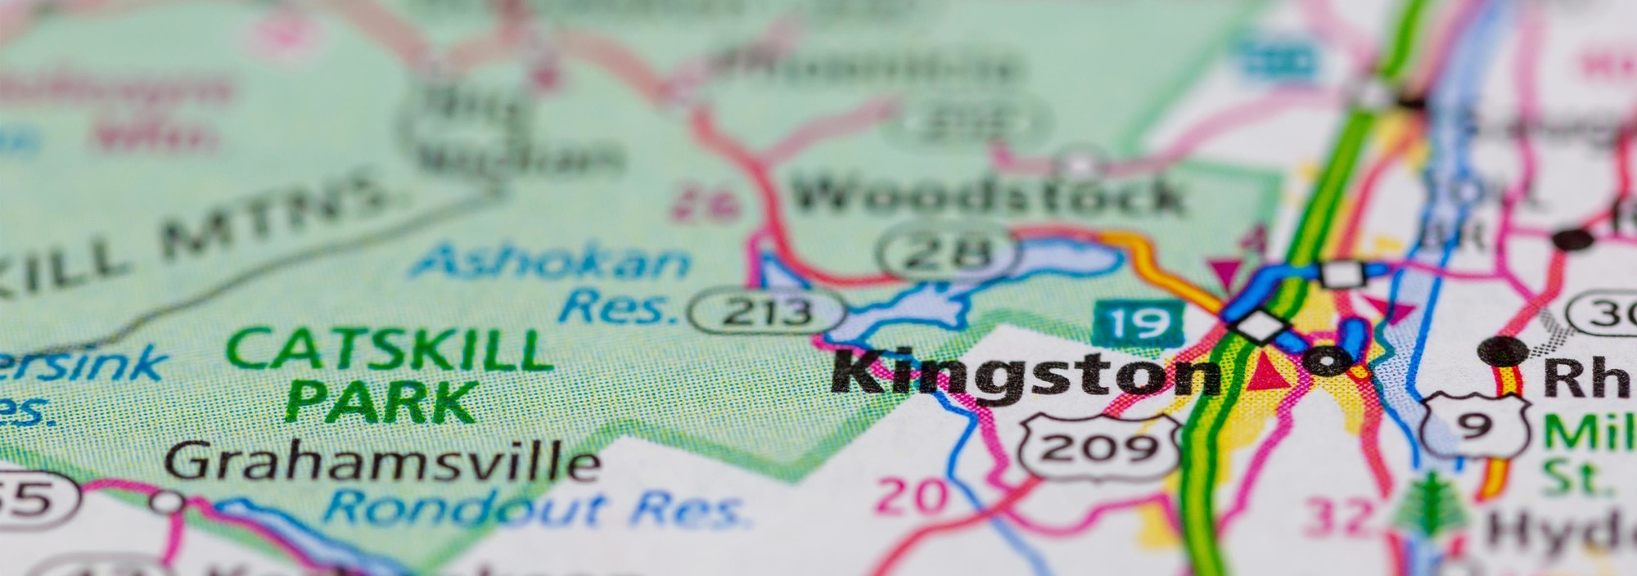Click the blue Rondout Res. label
coord(536,508)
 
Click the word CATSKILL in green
coord(390,350)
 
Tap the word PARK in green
coord(381,402)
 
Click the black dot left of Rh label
coord(1504,351)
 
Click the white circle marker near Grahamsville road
coord(168,501)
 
